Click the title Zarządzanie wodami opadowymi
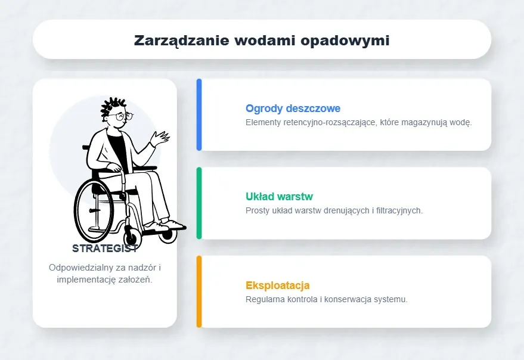(x=262, y=40)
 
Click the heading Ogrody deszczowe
(x=293, y=108)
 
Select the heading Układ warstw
(x=279, y=196)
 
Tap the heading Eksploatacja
(x=277, y=285)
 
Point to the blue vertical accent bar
(x=199, y=114)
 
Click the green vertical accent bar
(x=199, y=203)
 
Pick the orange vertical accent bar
(x=199, y=291)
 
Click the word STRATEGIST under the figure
(x=105, y=249)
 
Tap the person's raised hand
(x=160, y=139)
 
